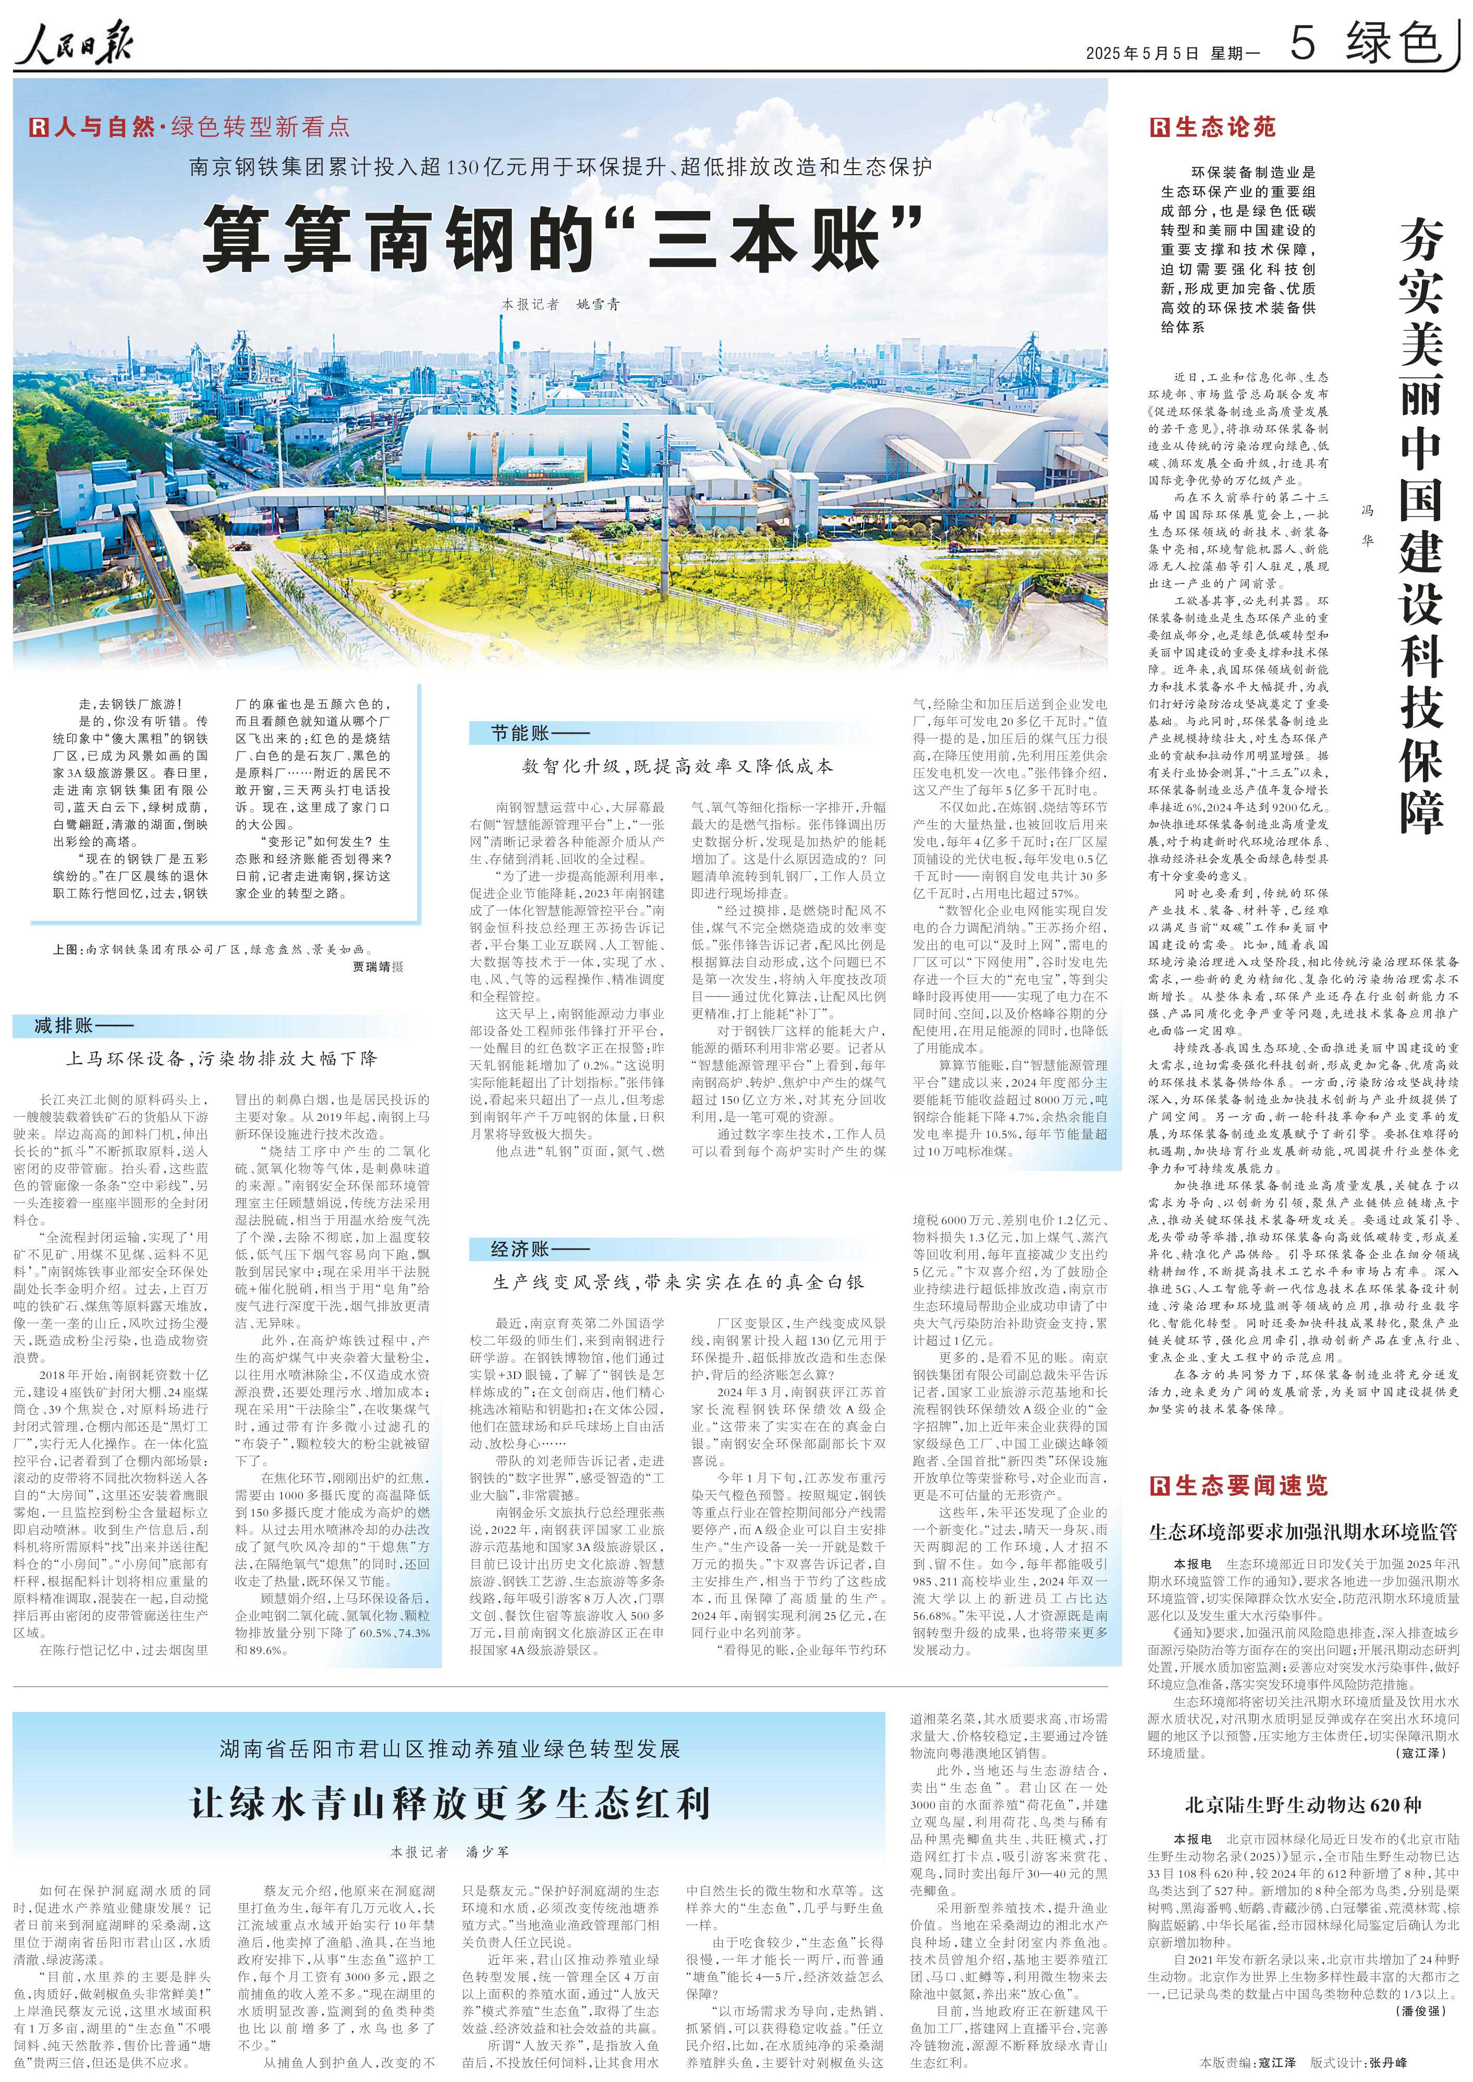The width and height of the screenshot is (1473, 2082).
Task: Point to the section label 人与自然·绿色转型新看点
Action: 190,127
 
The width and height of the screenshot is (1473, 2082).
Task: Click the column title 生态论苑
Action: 1213,127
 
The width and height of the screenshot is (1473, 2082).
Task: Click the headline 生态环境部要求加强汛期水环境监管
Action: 1302,1533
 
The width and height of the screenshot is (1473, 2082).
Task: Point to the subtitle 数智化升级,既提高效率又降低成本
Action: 677,767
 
